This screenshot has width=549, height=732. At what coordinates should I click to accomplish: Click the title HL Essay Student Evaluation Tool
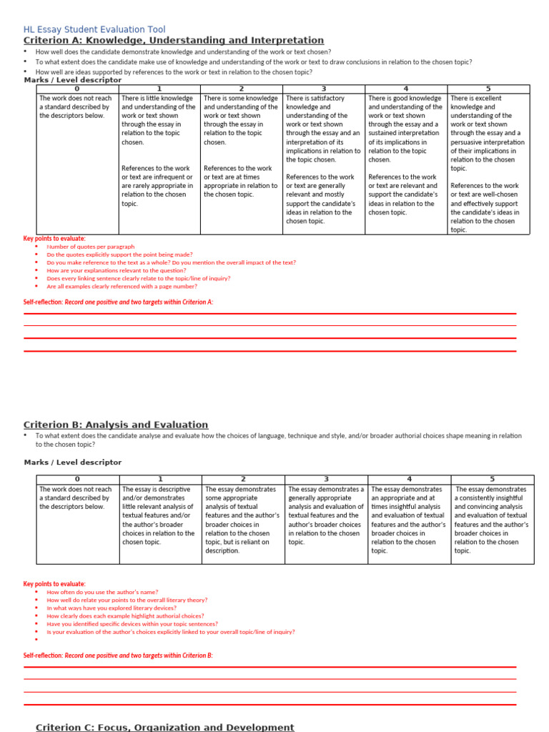point(94,29)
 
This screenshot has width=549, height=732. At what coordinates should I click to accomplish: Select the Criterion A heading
point(174,41)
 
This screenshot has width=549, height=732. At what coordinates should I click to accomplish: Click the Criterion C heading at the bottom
point(165,727)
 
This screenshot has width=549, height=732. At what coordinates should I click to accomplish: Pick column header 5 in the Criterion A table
point(488,89)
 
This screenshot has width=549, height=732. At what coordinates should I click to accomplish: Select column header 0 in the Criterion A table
point(76,89)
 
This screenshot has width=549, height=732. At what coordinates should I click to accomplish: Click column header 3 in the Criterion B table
point(326,479)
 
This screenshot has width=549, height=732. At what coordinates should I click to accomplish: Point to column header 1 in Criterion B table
point(160,479)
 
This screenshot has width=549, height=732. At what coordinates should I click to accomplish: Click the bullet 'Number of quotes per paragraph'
point(91,247)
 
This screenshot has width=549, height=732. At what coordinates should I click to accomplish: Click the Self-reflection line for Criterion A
point(118,302)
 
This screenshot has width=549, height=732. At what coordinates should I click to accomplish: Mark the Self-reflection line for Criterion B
point(118,655)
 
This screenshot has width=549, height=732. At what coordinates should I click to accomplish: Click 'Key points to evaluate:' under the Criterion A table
point(54,238)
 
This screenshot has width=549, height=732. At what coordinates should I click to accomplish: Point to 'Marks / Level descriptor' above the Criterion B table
point(73,463)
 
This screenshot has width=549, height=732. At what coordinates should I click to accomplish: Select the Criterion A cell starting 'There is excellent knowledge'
point(488,163)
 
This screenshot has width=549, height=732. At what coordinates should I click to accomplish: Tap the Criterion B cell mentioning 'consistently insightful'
point(492,520)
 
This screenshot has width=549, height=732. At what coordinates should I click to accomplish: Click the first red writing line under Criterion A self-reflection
point(269,314)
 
